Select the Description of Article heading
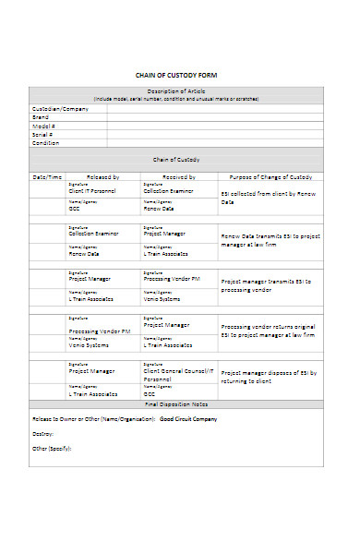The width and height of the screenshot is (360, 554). click(176, 90)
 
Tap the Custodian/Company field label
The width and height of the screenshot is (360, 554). click(60, 108)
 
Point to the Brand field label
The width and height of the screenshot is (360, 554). click(42, 117)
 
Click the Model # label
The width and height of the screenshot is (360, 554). click(44, 126)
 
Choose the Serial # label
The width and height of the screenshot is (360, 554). click(43, 135)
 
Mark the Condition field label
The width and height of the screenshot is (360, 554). click(47, 143)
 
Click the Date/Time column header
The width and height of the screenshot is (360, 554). click(47, 176)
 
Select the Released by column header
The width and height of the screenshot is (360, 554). click(103, 176)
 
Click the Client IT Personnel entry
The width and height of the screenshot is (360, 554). click(93, 190)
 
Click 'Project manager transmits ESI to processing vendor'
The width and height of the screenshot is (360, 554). click(269, 283)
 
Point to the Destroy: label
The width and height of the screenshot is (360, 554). click(43, 433)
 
